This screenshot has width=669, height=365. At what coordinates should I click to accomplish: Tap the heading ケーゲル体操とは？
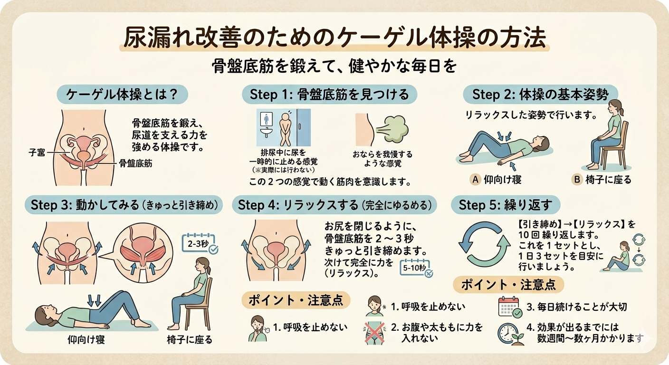(122, 95)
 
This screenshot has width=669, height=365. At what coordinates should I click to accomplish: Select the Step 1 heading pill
(329, 95)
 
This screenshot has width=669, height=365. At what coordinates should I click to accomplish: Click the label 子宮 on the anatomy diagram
(37, 153)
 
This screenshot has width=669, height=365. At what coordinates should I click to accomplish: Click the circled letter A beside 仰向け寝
(475, 180)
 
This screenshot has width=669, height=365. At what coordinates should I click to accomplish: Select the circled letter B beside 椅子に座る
(577, 180)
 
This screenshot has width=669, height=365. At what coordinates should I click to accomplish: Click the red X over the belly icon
(374, 332)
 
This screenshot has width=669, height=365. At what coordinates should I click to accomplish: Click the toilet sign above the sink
(266, 119)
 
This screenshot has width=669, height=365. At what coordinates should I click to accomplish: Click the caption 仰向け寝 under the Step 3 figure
(86, 340)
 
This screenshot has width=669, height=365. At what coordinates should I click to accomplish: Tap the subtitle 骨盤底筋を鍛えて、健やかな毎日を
(334, 67)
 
